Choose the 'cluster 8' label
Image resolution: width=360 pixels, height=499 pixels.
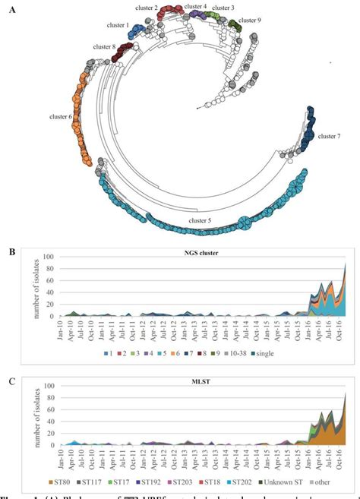tap(104, 47)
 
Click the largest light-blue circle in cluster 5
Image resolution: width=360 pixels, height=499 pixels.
tap(245, 224)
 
